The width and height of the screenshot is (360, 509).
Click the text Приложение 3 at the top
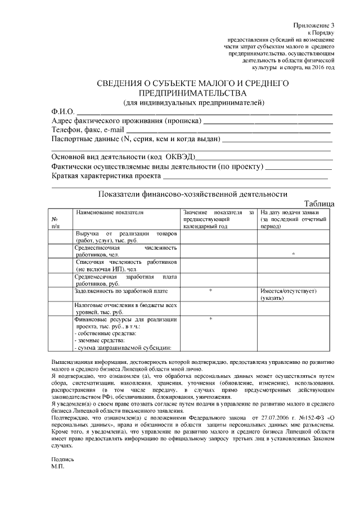coord(314,26)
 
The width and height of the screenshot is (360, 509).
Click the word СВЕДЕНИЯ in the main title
coord(119,84)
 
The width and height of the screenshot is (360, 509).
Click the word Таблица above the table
coord(319,203)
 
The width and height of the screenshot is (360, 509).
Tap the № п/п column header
coord(56,223)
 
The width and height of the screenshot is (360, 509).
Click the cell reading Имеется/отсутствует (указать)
coord(289,294)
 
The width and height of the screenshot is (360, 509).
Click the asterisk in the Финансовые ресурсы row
coord(210,319)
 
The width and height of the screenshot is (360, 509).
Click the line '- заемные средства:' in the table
coord(98,340)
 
